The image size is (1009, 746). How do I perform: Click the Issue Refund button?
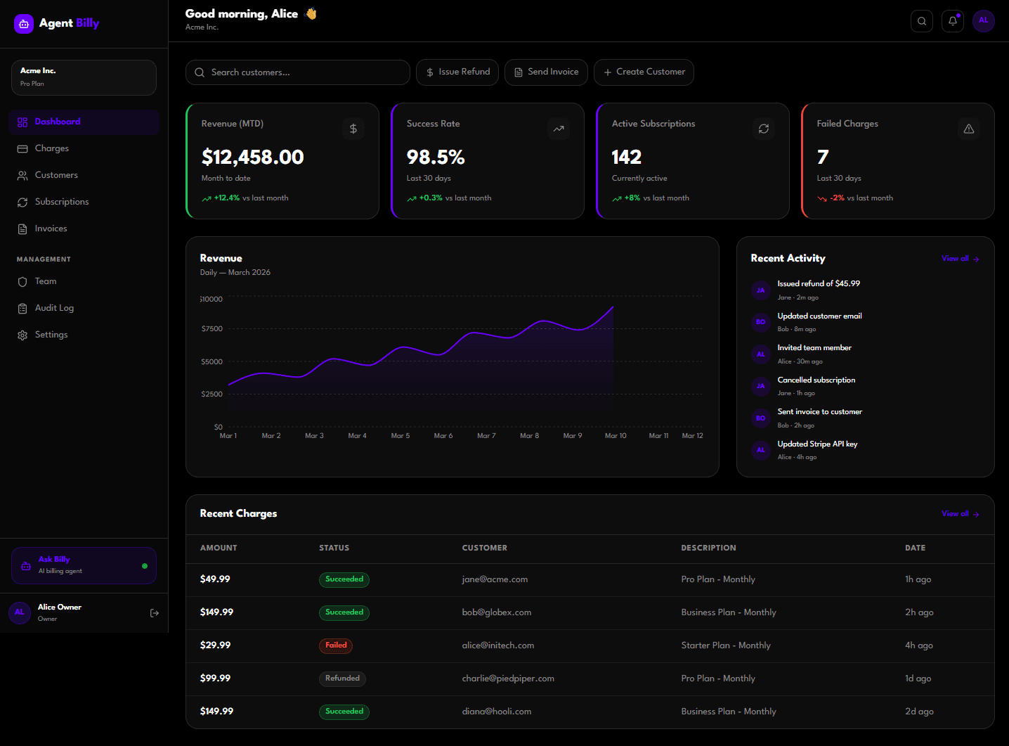coord(457,72)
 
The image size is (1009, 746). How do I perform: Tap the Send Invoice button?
coord(546,72)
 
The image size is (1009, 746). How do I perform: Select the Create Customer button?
coord(644,72)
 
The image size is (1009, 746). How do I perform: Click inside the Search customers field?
coord(302,72)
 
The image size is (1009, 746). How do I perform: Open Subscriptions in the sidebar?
coord(62,202)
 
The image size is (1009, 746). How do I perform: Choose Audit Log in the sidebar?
coord(54,308)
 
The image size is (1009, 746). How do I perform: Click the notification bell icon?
coord(953,21)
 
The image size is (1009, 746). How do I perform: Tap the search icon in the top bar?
coord(922,21)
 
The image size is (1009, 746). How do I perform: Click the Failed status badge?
coord(336,645)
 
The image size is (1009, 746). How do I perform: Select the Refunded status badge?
coord(342,679)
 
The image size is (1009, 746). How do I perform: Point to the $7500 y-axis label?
coord(211,329)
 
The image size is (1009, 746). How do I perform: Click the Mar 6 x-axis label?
coord(443,436)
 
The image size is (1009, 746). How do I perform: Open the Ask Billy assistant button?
coord(84,565)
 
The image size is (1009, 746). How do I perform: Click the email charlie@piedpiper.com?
coord(508,679)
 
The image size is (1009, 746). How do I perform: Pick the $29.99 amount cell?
coord(215,645)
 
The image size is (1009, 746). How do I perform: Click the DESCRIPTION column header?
coord(708,548)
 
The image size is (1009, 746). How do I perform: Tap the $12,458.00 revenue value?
coord(253,157)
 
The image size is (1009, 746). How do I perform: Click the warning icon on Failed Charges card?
coord(969,129)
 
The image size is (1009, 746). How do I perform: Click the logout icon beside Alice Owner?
coord(155,613)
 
